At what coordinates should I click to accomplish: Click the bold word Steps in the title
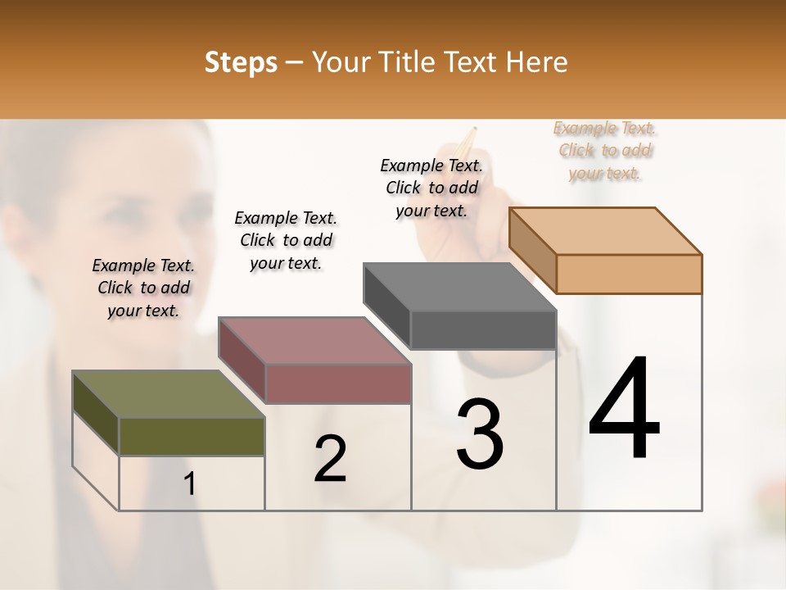pyautogui.click(x=241, y=62)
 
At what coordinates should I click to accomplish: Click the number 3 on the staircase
pyautogui.click(x=480, y=434)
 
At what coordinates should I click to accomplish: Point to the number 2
pyautogui.click(x=330, y=459)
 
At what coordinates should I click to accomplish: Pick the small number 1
pyautogui.click(x=190, y=484)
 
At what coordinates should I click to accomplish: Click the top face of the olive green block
pyautogui.click(x=169, y=394)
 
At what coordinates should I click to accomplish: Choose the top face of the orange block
pyautogui.click(x=606, y=230)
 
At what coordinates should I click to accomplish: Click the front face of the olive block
pyautogui.click(x=192, y=436)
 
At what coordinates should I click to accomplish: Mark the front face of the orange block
pyautogui.click(x=629, y=274)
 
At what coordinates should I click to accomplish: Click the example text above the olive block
pyautogui.click(x=143, y=288)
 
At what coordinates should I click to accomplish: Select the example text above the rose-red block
pyautogui.click(x=286, y=240)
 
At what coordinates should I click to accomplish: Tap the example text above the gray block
pyautogui.click(x=431, y=188)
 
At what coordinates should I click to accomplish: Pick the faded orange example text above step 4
pyautogui.click(x=605, y=150)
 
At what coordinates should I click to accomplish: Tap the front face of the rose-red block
pyautogui.click(x=338, y=383)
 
